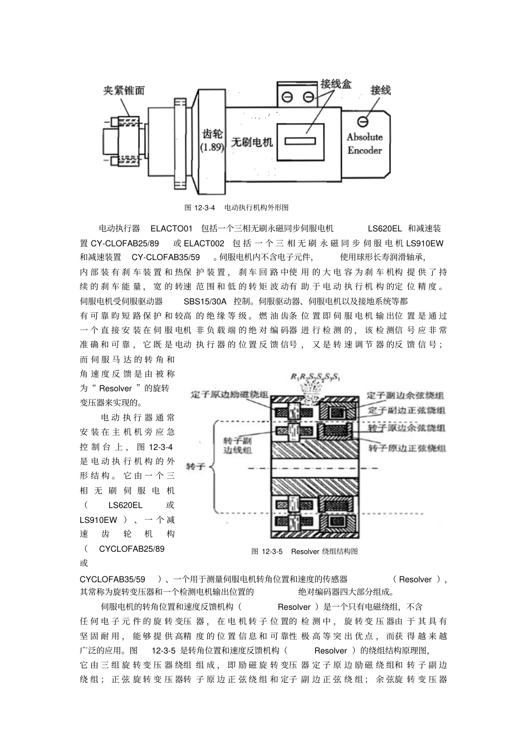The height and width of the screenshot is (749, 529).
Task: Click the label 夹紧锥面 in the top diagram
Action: pyautogui.click(x=124, y=91)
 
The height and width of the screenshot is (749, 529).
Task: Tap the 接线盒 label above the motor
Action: pyautogui.click(x=336, y=84)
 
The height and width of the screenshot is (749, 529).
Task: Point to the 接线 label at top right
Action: pyautogui.click(x=380, y=90)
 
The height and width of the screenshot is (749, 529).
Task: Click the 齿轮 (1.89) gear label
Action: pyautogui.click(x=212, y=140)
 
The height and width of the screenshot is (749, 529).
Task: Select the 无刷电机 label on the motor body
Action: pyautogui.click(x=252, y=142)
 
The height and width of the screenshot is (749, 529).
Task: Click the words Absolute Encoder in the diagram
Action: pyautogui.click(x=365, y=143)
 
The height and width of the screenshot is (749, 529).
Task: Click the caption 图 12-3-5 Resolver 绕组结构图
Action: pyautogui.click(x=305, y=551)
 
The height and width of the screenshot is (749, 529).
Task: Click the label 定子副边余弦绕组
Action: pyautogui.click(x=406, y=395)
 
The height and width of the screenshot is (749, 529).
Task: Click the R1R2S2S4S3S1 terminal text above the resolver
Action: pyautogui.click(x=316, y=378)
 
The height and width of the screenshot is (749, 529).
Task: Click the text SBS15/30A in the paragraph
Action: pyautogui.click(x=205, y=301)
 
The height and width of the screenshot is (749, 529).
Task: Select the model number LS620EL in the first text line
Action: pyautogui.click(x=385, y=229)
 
